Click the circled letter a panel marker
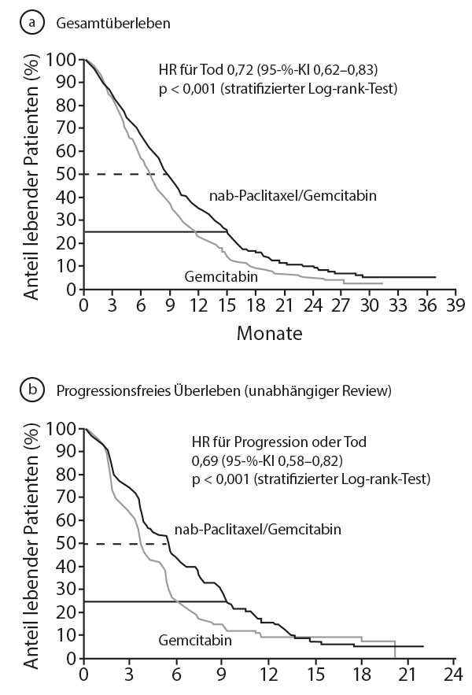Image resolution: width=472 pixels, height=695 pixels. tap(32, 22)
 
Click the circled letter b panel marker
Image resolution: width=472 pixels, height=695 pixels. tap(32, 390)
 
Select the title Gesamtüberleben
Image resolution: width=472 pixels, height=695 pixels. tap(113, 23)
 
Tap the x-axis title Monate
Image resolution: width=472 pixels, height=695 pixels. tap(270, 333)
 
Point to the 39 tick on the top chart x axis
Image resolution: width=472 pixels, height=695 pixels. tap(455, 305)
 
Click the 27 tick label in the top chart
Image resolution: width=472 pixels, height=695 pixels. tap(341, 305)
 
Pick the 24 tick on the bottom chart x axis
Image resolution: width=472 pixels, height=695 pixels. tap(453, 675)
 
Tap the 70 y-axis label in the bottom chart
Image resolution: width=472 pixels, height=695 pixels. tap(68, 497)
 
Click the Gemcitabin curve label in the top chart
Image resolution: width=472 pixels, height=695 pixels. tap(221, 276)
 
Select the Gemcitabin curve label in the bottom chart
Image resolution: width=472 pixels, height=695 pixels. tap(195, 640)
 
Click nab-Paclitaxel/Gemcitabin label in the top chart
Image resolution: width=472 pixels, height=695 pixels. tap(293, 195)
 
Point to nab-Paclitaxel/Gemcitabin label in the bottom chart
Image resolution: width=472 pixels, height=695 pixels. tap(258, 529)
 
